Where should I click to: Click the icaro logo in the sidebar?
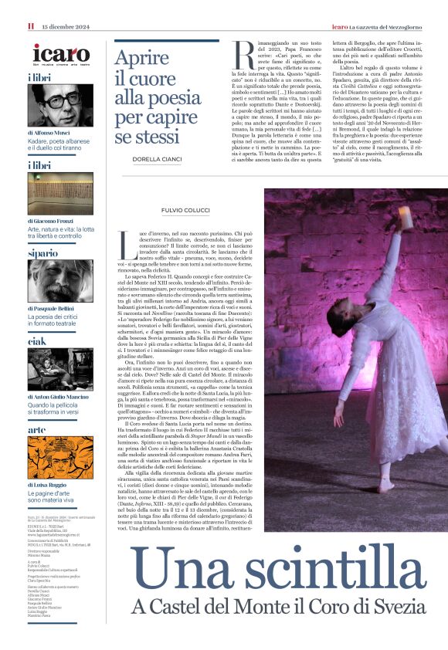pos(61,54)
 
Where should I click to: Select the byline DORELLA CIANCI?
pos(158,159)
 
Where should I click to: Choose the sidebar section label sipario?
pos(43,252)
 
